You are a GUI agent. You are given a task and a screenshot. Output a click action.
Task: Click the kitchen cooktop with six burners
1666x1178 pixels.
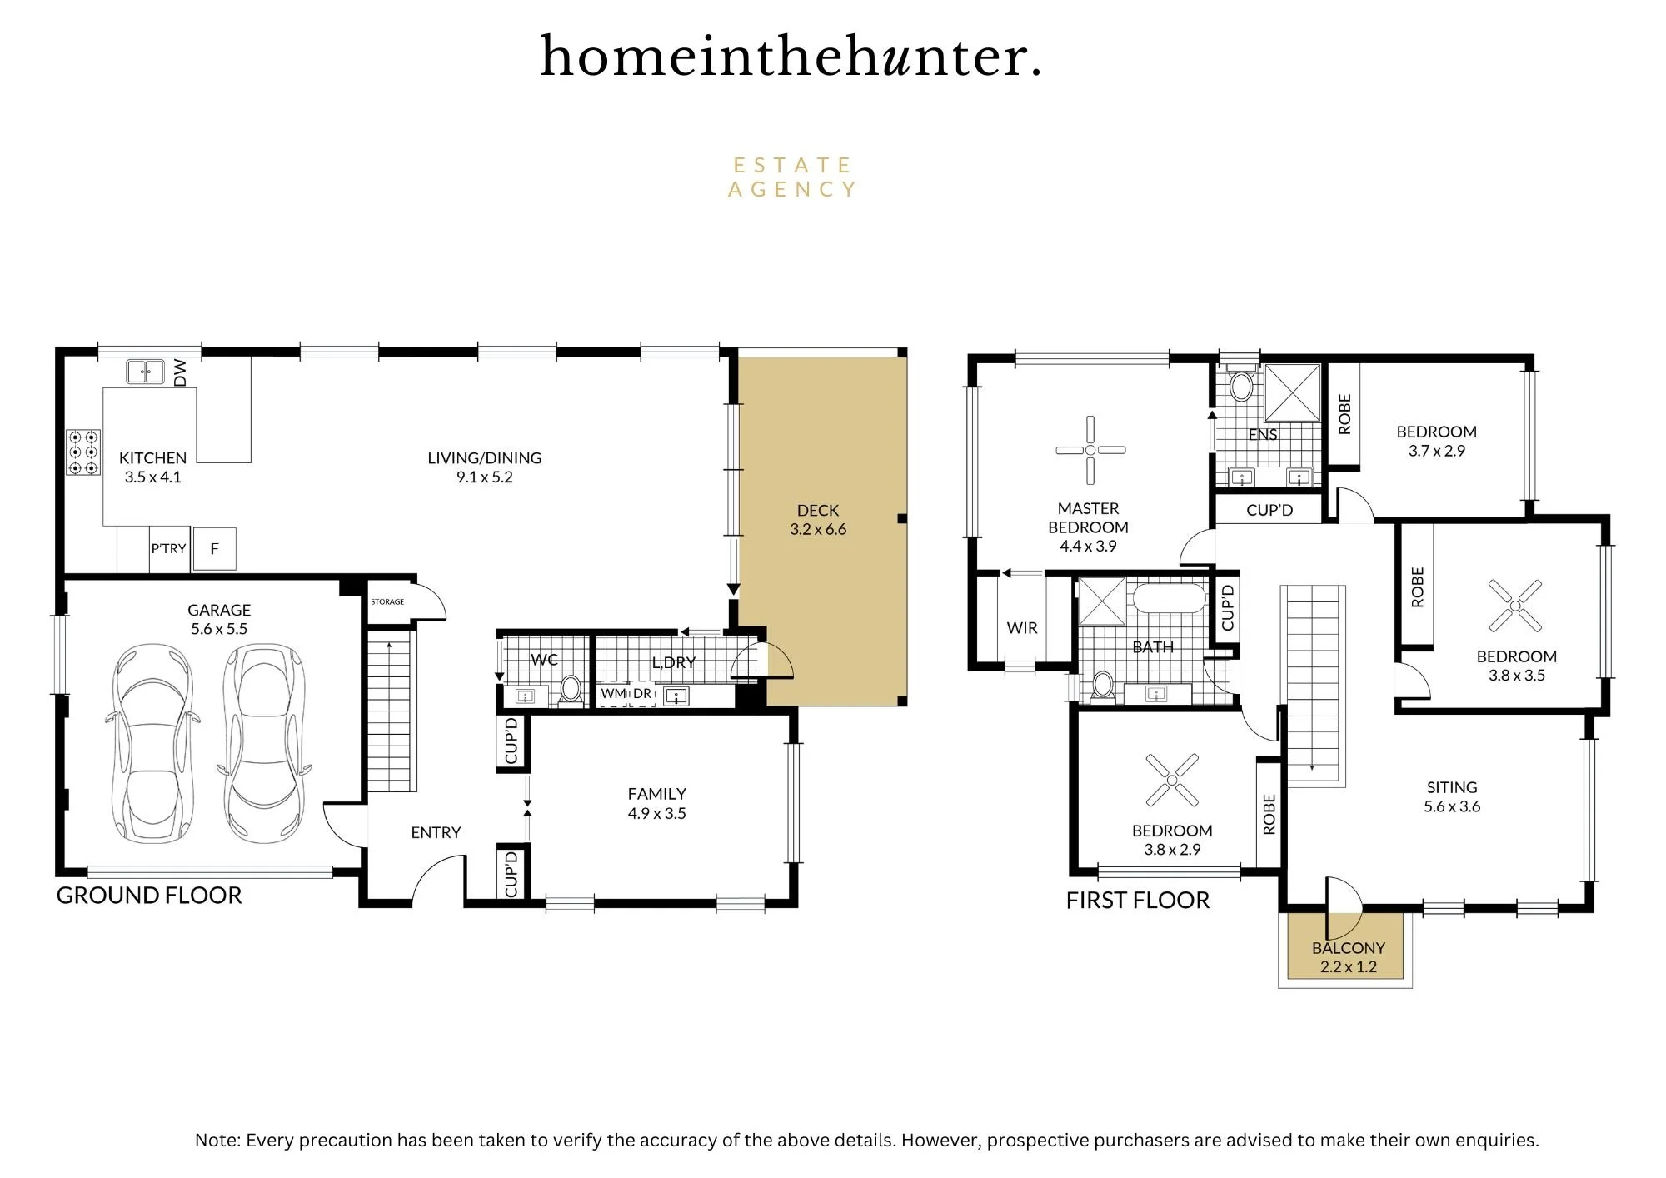tap(83, 452)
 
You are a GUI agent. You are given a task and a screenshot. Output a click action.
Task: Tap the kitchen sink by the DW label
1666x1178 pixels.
tap(145, 371)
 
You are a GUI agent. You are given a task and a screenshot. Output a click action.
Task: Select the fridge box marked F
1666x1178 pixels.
tap(215, 548)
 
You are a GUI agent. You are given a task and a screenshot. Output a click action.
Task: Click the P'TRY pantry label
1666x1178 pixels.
tap(168, 548)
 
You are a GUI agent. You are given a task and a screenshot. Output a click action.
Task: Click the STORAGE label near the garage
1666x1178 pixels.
tap(387, 601)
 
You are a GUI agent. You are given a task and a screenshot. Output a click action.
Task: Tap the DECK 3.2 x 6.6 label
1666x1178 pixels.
tap(818, 519)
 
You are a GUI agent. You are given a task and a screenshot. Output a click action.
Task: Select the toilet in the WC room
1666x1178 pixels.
tap(571, 690)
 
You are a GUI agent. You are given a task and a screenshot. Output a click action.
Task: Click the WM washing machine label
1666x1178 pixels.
tap(613, 693)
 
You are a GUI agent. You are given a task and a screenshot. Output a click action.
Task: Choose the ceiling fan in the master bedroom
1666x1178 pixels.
tap(1090, 450)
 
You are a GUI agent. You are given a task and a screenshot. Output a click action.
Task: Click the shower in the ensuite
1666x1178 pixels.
tap(1293, 392)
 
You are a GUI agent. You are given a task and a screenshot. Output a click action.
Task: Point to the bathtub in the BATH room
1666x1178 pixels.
tap(1169, 600)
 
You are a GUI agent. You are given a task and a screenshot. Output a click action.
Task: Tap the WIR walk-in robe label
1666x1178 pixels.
tap(1022, 628)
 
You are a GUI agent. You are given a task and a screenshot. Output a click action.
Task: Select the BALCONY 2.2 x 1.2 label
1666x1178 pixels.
tap(1349, 957)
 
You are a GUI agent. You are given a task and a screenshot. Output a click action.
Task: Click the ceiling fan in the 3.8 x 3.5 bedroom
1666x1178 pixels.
tap(1515, 606)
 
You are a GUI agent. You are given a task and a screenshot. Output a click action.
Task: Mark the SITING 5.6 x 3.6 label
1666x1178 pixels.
tap(1452, 796)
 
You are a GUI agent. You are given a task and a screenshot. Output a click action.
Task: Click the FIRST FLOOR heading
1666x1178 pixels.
tap(1138, 900)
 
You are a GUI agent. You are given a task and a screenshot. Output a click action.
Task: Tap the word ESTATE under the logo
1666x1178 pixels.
tap(792, 165)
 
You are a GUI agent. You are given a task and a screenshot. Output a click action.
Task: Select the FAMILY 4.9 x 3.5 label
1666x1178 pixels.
tap(657, 803)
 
